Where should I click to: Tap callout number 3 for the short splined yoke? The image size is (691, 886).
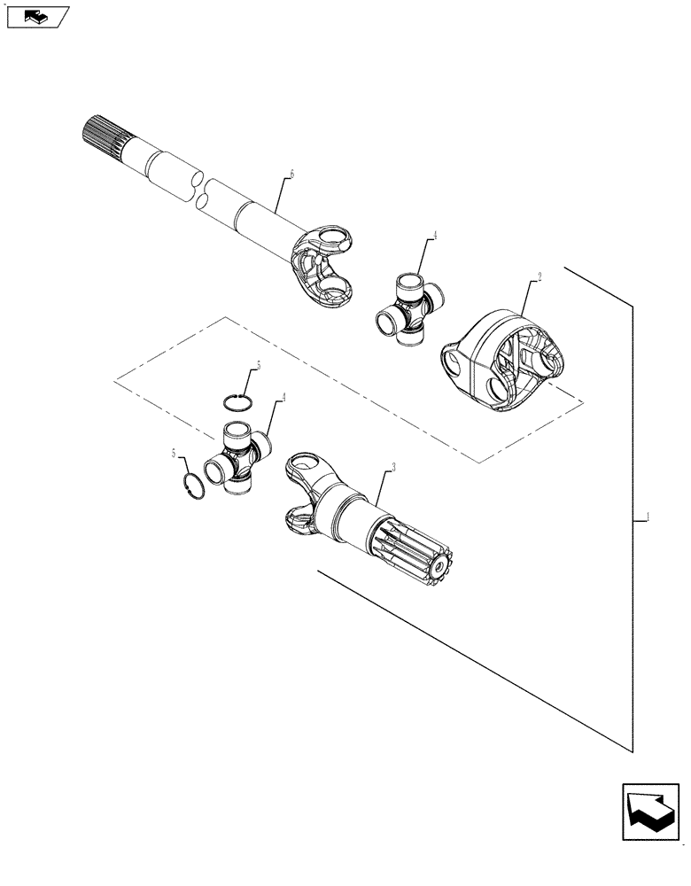click(392, 467)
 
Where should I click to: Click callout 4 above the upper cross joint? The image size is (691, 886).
click(435, 237)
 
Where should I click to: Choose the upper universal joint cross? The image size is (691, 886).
click(409, 306)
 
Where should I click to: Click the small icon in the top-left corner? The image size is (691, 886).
click(36, 15)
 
